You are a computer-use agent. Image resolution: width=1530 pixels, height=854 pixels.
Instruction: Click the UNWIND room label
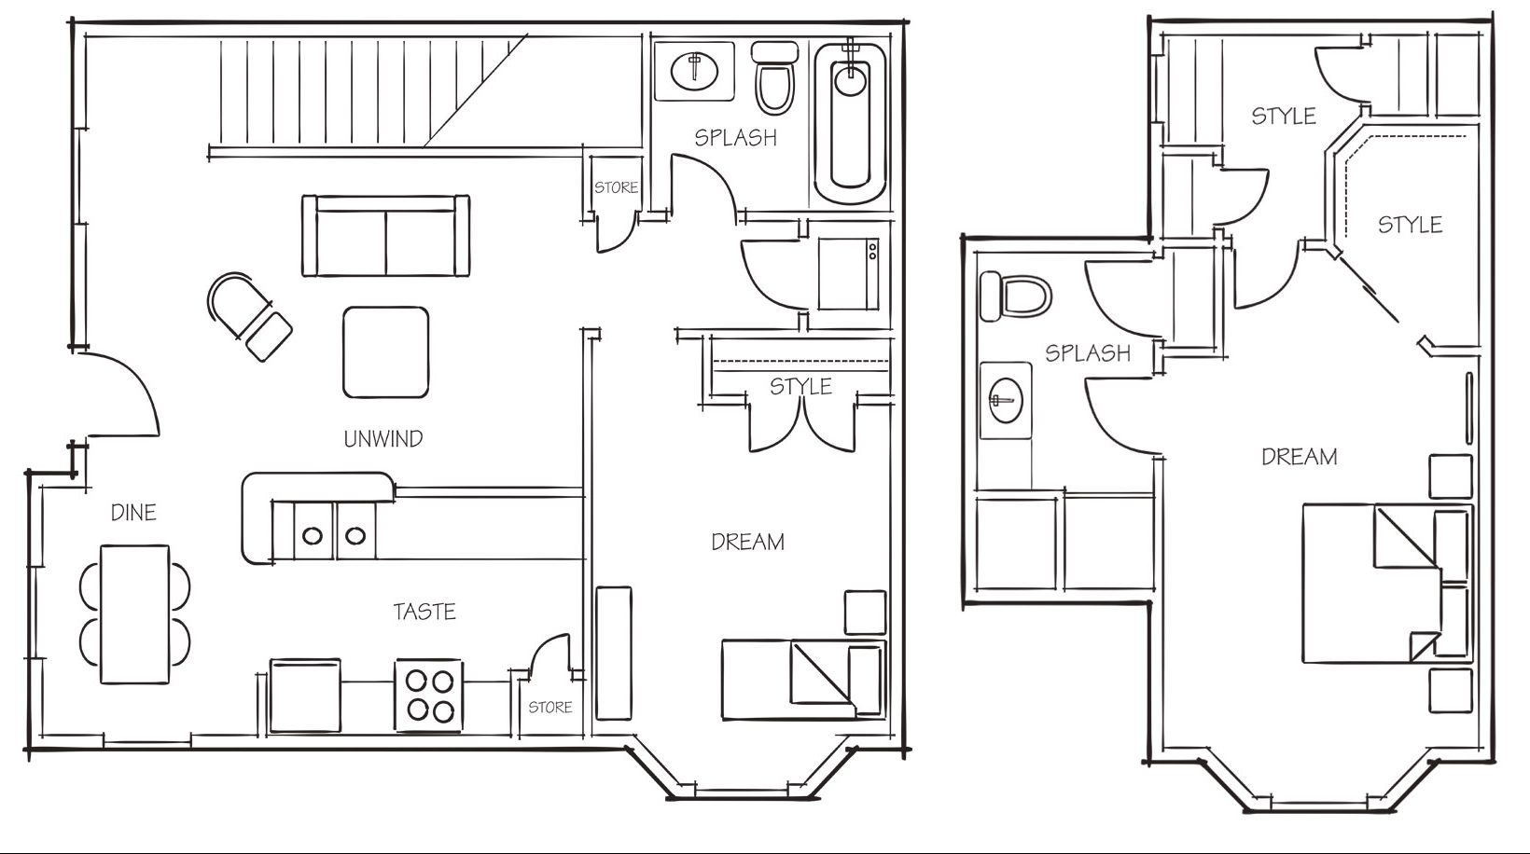[x=383, y=438]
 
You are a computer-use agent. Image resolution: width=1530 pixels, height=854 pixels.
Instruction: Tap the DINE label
[x=134, y=512]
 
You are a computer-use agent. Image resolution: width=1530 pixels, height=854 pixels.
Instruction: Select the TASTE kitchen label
[x=424, y=611]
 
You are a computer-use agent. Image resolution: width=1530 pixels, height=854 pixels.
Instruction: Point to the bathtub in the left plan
[x=851, y=123]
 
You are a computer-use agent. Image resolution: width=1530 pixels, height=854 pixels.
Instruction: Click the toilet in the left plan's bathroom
[x=775, y=77]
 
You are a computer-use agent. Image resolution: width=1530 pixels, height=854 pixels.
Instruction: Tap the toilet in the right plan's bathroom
[x=1015, y=296]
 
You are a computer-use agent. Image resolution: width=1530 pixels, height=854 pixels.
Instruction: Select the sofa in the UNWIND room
[x=386, y=236]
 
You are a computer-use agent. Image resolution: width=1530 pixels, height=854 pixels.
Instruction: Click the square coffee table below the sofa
[x=386, y=352]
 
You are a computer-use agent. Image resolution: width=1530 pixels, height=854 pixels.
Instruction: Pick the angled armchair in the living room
[x=249, y=316]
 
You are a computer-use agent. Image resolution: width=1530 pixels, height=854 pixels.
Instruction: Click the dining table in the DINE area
[x=134, y=613]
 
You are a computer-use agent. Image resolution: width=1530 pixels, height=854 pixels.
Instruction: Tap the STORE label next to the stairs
[x=616, y=187]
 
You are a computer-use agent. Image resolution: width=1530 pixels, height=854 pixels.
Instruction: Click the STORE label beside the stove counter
[x=550, y=708]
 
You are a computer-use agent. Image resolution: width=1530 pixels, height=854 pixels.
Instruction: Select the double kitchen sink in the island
[x=335, y=530]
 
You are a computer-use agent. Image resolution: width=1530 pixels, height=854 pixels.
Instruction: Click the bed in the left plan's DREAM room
[x=804, y=680]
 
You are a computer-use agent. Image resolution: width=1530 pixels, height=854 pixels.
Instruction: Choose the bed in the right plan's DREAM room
[x=1386, y=584]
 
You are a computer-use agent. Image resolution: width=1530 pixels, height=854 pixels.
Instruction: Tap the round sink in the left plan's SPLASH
[x=694, y=71]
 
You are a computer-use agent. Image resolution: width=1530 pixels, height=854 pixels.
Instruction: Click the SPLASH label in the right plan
[x=1088, y=353]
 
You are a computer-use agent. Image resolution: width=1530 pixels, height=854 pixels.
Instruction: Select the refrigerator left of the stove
[x=305, y=696]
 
